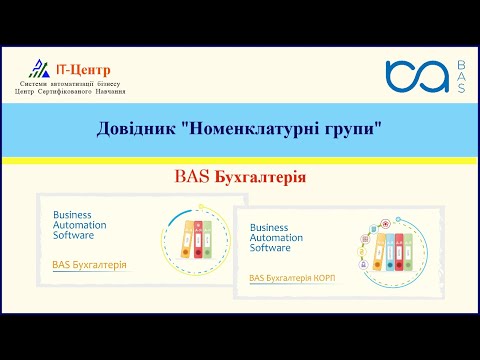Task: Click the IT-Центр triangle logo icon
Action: [x=38, y=68]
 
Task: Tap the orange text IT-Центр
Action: [x=83, y=68]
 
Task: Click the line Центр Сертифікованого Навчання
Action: [x=70, y=91]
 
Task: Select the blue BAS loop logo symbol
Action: [x=417, y=78]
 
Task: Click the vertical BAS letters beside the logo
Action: [x=460, y=78]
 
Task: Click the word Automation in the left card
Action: [x=80, y=226]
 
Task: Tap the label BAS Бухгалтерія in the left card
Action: [x=89, y=265]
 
